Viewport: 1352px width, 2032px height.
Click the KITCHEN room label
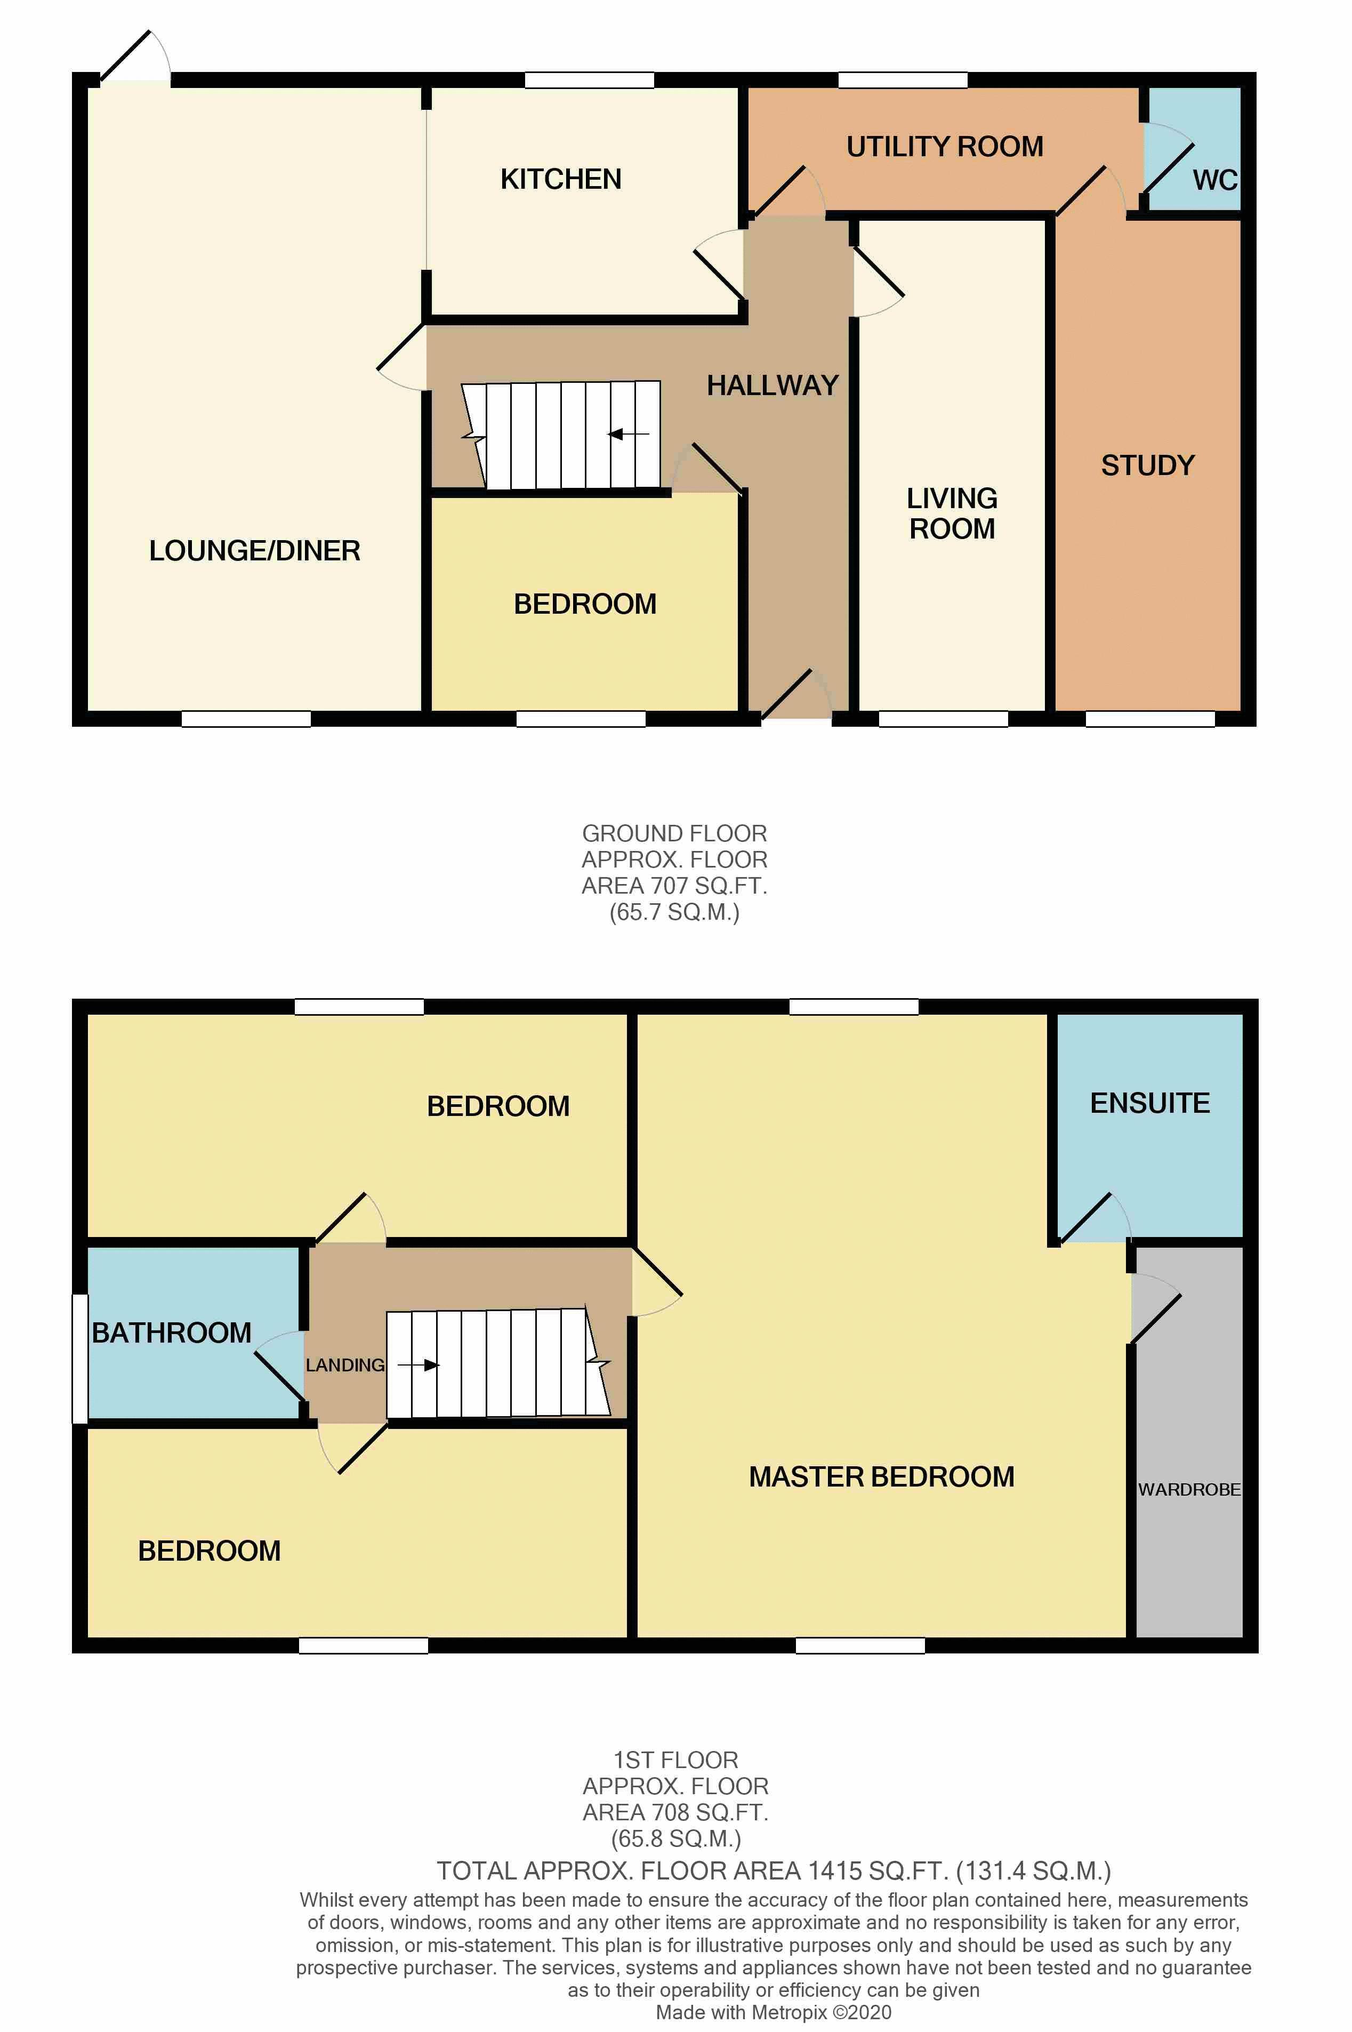click(560, 179)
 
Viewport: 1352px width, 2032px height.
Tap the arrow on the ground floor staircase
click(627, 435)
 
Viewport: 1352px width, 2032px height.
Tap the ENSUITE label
click(1149, 1104)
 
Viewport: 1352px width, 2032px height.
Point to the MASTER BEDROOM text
click(881, 1477)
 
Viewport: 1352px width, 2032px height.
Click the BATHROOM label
click(172, 1333)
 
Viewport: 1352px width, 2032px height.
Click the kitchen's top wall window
click(589, 80)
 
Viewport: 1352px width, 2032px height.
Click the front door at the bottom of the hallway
click(795, 696)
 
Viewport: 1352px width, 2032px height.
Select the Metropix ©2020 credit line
click(774, 2012)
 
